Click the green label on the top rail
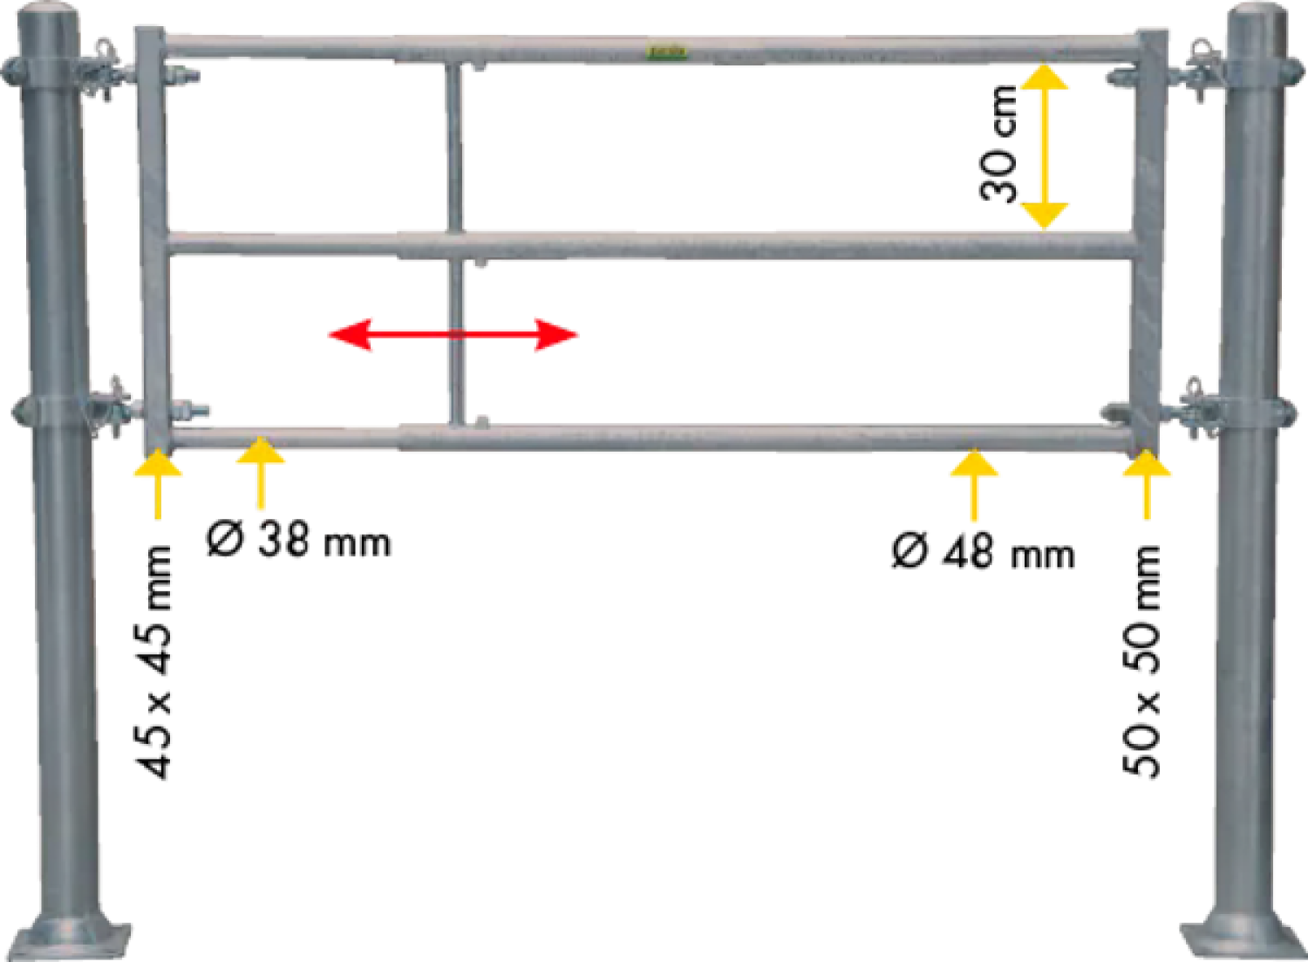666,52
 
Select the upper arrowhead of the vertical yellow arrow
1043,78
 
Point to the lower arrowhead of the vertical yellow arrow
1043,215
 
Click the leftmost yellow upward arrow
157,471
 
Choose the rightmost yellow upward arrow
1146,471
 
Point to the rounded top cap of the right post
1256,15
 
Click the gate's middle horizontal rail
698,245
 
